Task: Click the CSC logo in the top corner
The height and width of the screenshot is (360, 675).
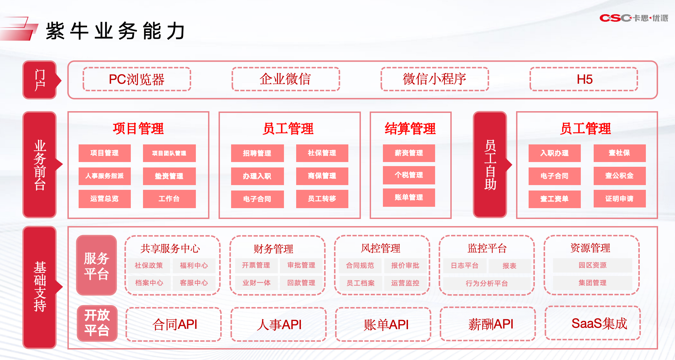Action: (x=634, y=18)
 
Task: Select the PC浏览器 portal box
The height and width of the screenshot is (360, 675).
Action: (x=137, y=79)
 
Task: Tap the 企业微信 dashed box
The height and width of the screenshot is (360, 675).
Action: (x=286, y=79)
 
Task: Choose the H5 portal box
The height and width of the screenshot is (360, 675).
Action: (x=584, y=79)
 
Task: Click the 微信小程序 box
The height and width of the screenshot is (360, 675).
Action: (x=435, y=79)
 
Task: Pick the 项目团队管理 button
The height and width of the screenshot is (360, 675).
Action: (x=169, y=153)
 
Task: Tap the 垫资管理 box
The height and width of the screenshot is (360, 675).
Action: (x=169, y=176)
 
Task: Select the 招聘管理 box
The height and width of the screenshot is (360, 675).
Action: (x=257, y=153)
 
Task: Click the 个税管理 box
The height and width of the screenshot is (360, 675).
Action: (x=409, y=175)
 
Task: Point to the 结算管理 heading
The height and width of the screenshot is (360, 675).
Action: (x=410, y=129)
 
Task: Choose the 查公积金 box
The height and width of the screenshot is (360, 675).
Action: (x=619, y=176)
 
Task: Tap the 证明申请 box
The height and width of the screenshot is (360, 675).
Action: (x=619, y=199)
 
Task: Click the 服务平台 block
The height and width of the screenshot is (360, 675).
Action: (x=97, y=265)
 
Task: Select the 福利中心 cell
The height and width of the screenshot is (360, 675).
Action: (x=194, y=265)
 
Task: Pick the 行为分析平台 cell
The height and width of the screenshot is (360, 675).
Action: (x=487, y=283)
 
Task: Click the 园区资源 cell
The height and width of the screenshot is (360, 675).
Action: (x=592, y=265)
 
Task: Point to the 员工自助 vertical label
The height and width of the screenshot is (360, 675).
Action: (x=490, y=165)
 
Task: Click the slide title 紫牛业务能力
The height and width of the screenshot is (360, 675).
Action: (x=116, y=31)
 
